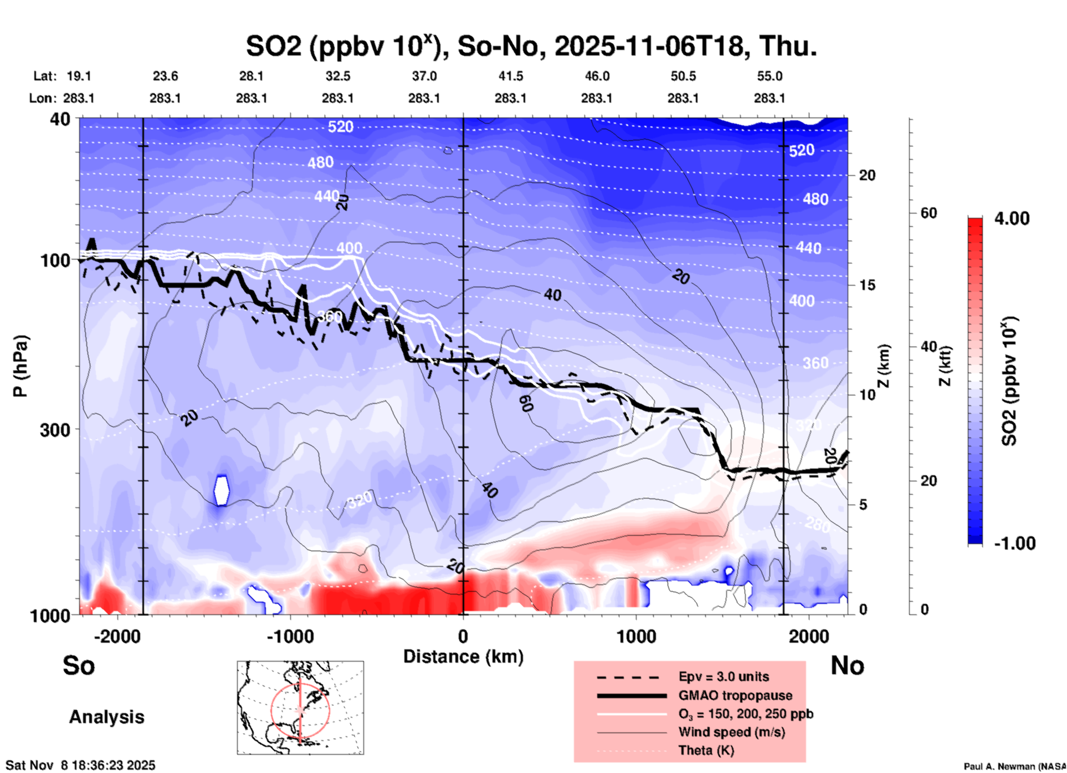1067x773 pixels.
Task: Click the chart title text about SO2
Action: coord(531,46)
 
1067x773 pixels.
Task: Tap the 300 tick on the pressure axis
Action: coord(55,430)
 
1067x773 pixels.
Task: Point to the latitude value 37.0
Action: coord(424,76)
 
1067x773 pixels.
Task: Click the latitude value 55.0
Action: coord(770,76)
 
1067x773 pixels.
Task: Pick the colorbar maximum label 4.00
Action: coord(1012,218)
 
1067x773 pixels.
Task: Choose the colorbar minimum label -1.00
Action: coord(1014,543)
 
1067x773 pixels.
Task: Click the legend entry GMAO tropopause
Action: coord(735,695)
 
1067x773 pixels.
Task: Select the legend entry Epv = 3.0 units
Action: coord(724,677)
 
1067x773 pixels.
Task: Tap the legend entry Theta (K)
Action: coord(706,750)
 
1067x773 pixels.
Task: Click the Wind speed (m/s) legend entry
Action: coord(731,732)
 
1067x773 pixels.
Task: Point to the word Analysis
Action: coord(106,717)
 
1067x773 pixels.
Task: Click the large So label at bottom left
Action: coord(79,665)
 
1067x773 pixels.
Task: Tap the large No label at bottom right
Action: coord(847,665)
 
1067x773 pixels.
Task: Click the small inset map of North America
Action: coord(300,707)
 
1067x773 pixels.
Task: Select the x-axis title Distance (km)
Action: coord(463,657)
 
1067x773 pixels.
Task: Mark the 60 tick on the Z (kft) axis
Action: coord(929,213)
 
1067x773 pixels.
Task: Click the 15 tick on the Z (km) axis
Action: coord(867,285)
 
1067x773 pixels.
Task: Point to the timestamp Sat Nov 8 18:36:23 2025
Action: coord(81,765)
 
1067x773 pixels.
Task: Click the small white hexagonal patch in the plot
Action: coord(222,490)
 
